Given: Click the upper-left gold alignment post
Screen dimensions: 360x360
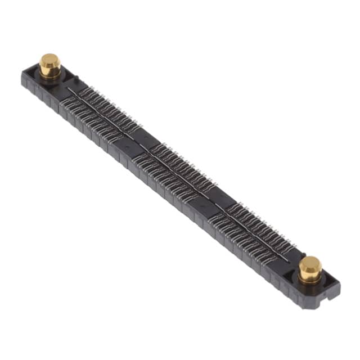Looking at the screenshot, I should tap(49, 64).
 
